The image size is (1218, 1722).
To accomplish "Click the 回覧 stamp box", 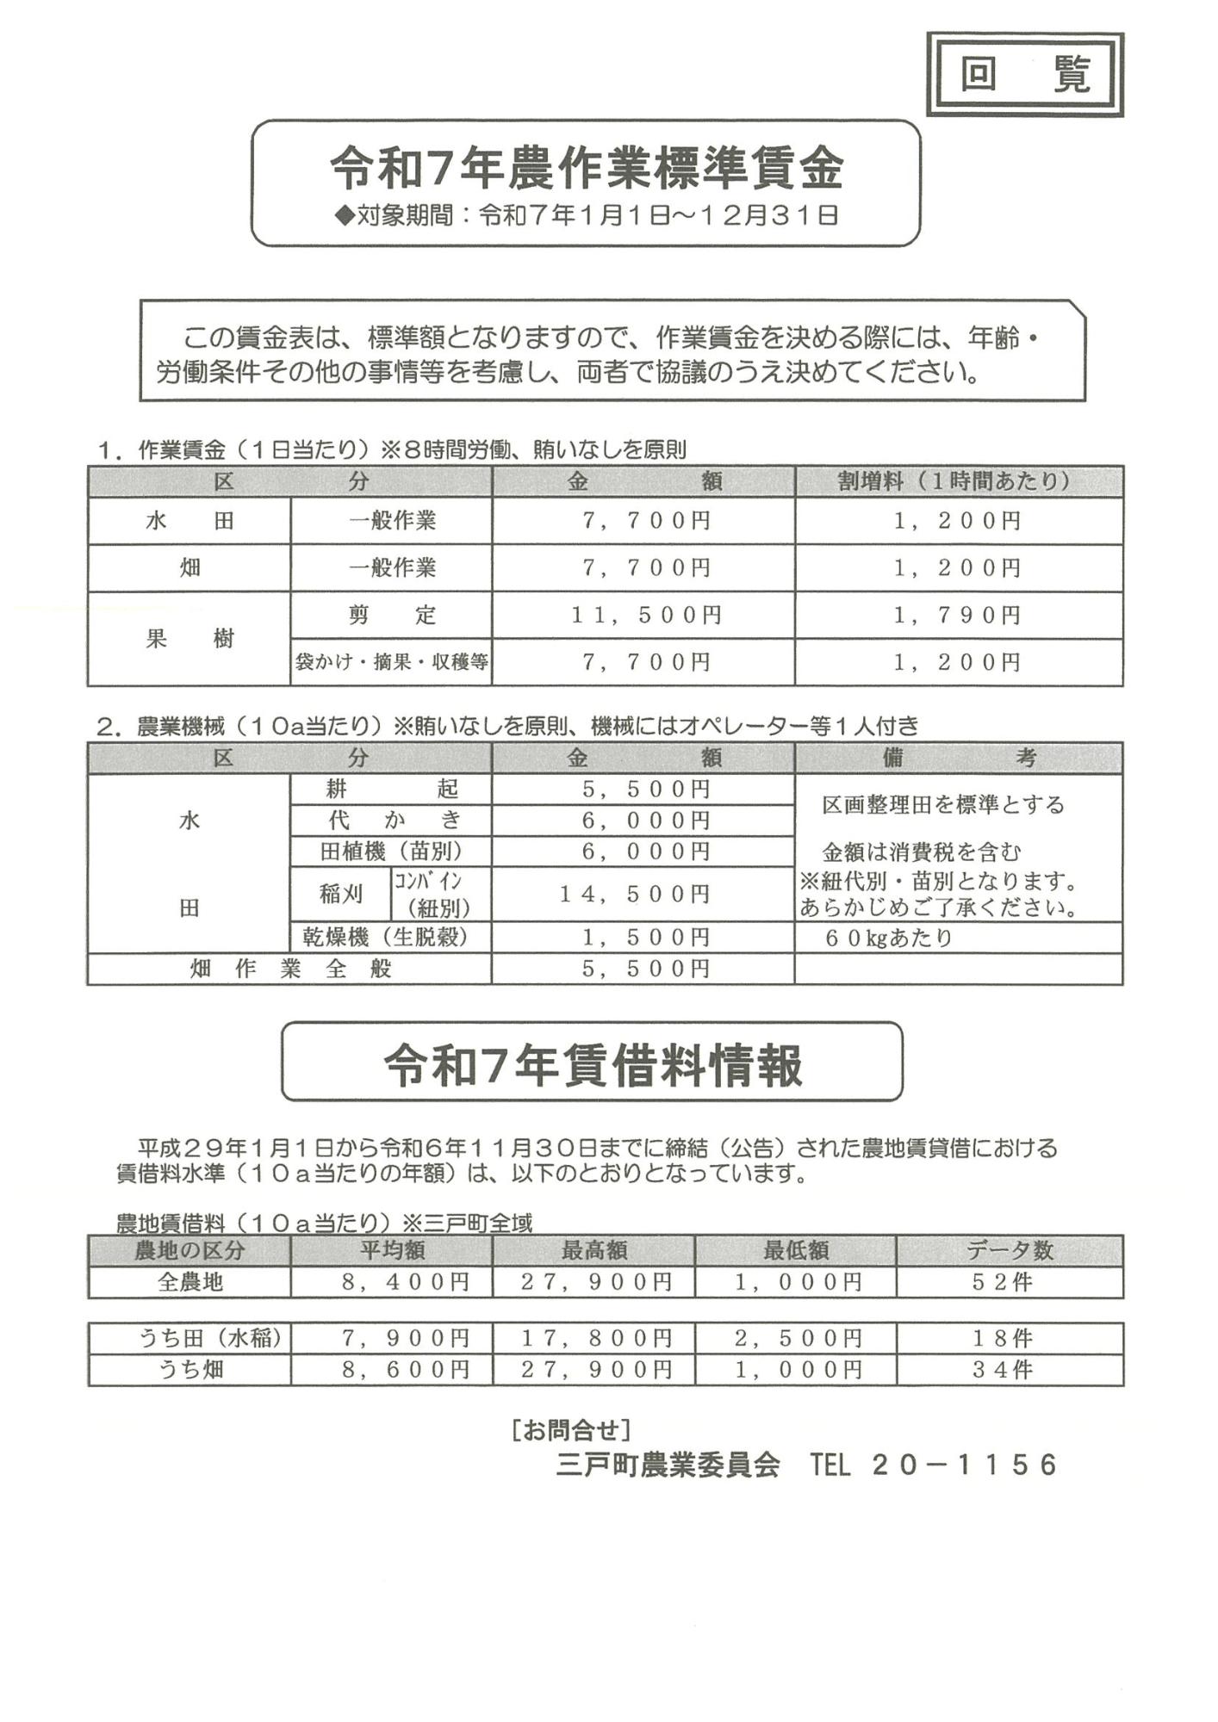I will pyautogui.click(x=1024, y=75).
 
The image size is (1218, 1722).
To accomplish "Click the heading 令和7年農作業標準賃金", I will pyautogui.click(x=586, y=168).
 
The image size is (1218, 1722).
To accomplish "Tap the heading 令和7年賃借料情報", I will pyautogui.click(x=593, y=1064).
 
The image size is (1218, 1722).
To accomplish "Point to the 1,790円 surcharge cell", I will pyautogui.click(x=957, y=615).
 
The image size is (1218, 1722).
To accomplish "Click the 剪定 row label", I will pyautogui.click(x=392, y=615).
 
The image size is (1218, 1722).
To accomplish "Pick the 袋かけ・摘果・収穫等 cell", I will pyautogui.click(x=392, y=661).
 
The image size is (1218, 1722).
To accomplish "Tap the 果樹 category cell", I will pyautogui.click(x=190, y=638).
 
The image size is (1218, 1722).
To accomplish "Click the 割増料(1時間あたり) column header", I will pyautogui.click(x=957, y=480).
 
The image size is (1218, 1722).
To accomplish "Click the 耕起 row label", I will pyautogui.click(x=392, y=789).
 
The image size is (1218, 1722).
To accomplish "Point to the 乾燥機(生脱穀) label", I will pyautogui.click(x=392, y=937).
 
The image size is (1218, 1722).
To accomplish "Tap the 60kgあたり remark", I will pyautogui.click(x=888, y=938).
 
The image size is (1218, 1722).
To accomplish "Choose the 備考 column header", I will pyautogui.click(x=957, y=758).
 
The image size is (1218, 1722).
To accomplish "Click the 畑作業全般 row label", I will pyautogui.click(x=290, y=969).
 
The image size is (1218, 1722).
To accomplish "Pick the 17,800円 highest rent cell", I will pyautogui.click(x=595, y=1338).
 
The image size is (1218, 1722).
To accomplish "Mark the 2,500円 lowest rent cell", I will pyautogui.click(x=797, y=1338).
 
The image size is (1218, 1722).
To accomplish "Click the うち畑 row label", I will pyautogui.click(x=190, y=1369).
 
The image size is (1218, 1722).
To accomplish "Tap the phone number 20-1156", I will pyautogui.click(x=965, y=1465).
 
